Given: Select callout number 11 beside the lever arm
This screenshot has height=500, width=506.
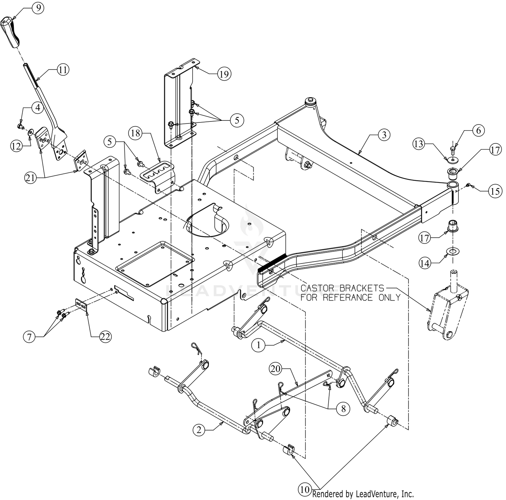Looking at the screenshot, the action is [62, 70].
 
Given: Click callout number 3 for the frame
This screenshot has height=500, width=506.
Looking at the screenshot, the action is [384, 135].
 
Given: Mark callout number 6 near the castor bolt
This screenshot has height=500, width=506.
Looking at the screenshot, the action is [478, 130].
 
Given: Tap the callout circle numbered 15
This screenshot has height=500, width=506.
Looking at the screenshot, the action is [494, 191].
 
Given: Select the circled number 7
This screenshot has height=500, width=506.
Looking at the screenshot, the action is [29, 336].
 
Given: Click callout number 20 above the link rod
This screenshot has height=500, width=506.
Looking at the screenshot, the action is [276, 369].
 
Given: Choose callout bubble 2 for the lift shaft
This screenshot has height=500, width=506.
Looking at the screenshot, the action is [199, 429].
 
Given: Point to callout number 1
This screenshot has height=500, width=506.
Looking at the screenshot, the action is [258, 345].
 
